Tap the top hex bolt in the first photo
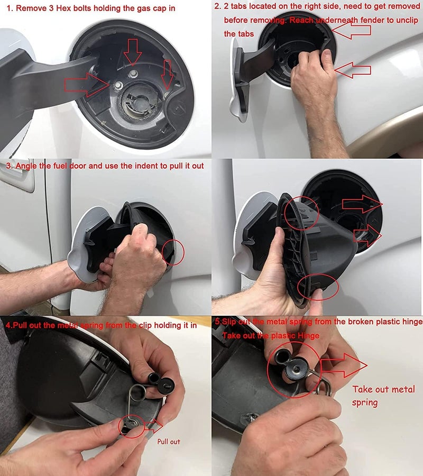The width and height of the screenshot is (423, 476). tap(134, 72)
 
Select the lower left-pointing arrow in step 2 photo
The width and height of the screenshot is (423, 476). tap(353, 69)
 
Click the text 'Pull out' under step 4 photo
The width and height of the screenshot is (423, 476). tap(169, 441)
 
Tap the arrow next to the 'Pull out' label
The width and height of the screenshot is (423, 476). tap(154, 425)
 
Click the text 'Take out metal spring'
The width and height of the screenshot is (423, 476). tap(383, 396)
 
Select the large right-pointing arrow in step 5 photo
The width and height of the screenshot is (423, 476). tap(344, 365)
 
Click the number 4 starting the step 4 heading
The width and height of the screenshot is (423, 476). tap(7, 325)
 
